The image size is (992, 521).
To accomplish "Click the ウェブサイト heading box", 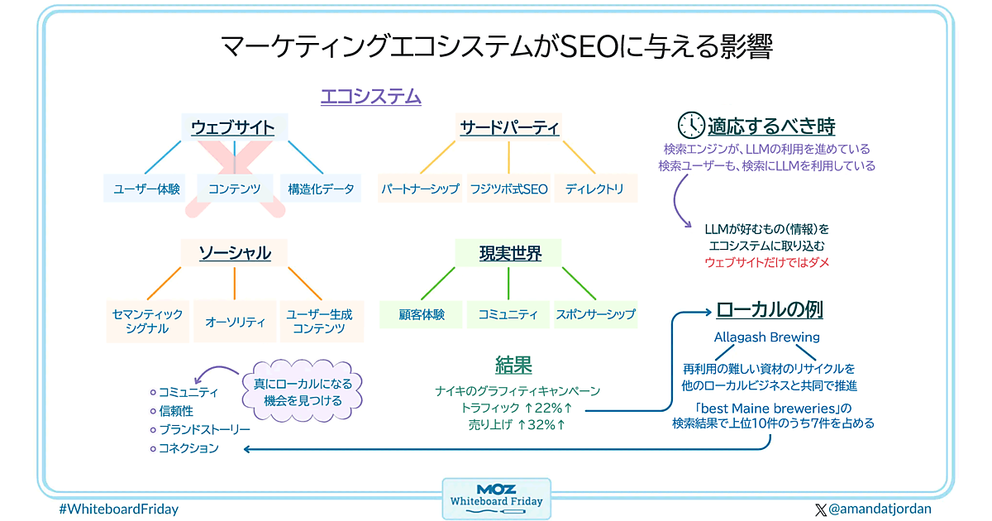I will pos(234,127).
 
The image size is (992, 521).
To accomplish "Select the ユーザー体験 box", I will pos(146,189).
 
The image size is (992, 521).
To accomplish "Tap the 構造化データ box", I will pos(320,189).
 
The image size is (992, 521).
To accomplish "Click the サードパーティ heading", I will pos(509,127).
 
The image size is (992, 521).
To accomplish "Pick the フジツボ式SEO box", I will pos(508,189).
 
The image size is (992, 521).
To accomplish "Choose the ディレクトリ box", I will pos(595,189).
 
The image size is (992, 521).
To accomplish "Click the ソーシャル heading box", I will pos(235,253).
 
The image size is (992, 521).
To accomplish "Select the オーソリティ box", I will pos(235,321).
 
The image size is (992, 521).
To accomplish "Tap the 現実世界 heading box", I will pos(509,253).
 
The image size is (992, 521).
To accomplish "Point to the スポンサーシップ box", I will pos(595,314).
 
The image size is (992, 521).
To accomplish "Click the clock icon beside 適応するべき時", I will pos(690,126).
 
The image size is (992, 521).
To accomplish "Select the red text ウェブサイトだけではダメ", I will pos(767,262).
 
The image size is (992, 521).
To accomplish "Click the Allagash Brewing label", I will pos(767,337).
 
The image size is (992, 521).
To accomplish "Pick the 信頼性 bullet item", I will pos(176,410).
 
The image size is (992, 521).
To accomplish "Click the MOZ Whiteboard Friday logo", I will pos(496,498).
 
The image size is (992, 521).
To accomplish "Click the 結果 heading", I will pos(513,365).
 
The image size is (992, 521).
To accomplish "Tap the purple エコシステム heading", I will pos(371,97).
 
